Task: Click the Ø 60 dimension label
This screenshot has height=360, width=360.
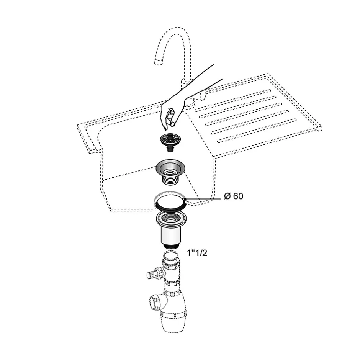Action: pos(234,196)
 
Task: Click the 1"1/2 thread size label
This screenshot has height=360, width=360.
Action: pos(197,253)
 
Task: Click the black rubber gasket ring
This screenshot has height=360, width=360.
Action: pos(170,206)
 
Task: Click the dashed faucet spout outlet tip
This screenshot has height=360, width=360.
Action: pos(159,62)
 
